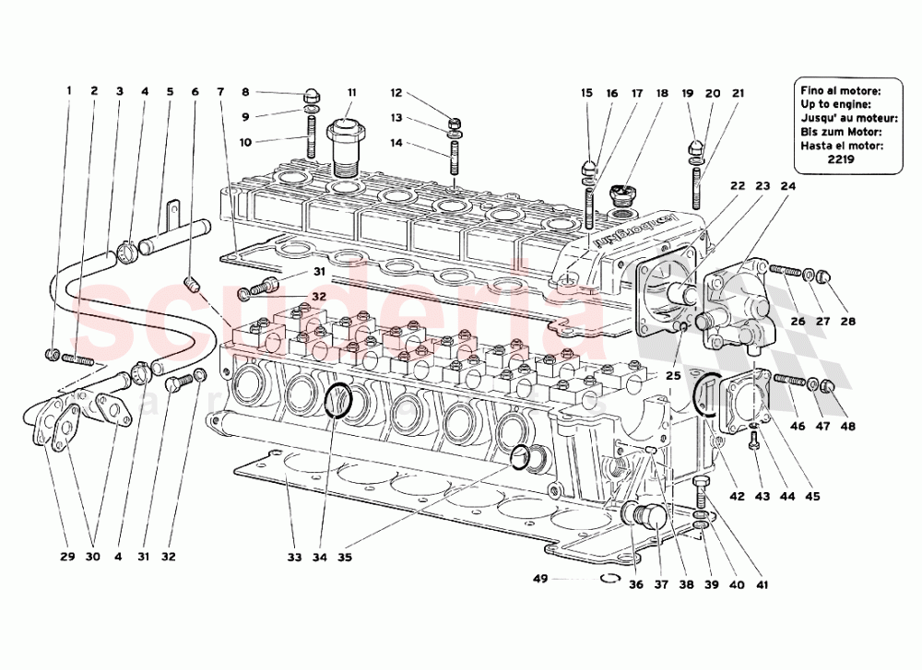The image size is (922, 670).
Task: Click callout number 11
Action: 351,92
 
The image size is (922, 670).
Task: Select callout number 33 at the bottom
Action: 293,557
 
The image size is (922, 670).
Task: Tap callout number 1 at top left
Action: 67,91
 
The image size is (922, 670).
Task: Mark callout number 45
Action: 811,497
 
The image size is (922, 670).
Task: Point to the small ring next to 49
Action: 608,579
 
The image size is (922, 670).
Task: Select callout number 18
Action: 662,93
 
